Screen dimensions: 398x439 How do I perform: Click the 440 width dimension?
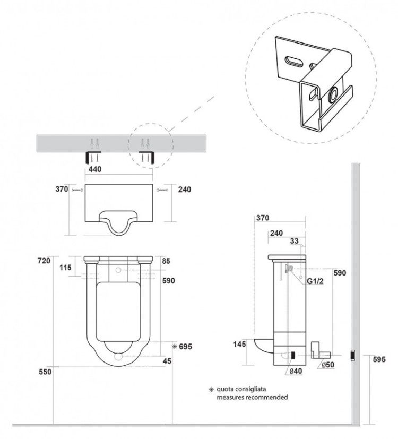(x=95, y=169)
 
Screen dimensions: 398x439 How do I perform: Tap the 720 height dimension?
(x=44, y=261)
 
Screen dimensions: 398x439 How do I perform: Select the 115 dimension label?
(x=65, y=268)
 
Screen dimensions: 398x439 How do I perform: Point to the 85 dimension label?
(x=166, y=261)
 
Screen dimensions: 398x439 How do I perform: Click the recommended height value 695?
(x=185, y=347)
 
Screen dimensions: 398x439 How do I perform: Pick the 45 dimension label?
(x=167, y=361)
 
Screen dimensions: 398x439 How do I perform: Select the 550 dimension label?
(x=45, y=372)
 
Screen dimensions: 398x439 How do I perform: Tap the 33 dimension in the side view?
(x=294, y=241)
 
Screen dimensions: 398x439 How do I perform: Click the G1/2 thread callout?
(x=315, y=281)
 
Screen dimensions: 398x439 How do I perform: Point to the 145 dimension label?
(x=239, y=343)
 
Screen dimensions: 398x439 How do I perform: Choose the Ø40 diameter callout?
(x=296, y=371)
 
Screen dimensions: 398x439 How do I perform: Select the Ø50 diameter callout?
(x=328, y=365)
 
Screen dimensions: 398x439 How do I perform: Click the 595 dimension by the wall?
(x=379, y=359)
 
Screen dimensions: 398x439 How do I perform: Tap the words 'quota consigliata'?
(x=241, y=389)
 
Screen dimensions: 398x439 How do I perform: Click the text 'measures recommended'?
(x=252, y=397)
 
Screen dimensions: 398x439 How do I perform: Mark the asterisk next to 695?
(x=175, y=347)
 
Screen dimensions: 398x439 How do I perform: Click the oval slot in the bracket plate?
(x=293, y=62)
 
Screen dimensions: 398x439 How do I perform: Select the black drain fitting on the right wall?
(x=353, y=355)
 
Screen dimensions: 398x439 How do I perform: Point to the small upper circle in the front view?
(x=118, y=270)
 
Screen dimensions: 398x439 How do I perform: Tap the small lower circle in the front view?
(x=118, y=356)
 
